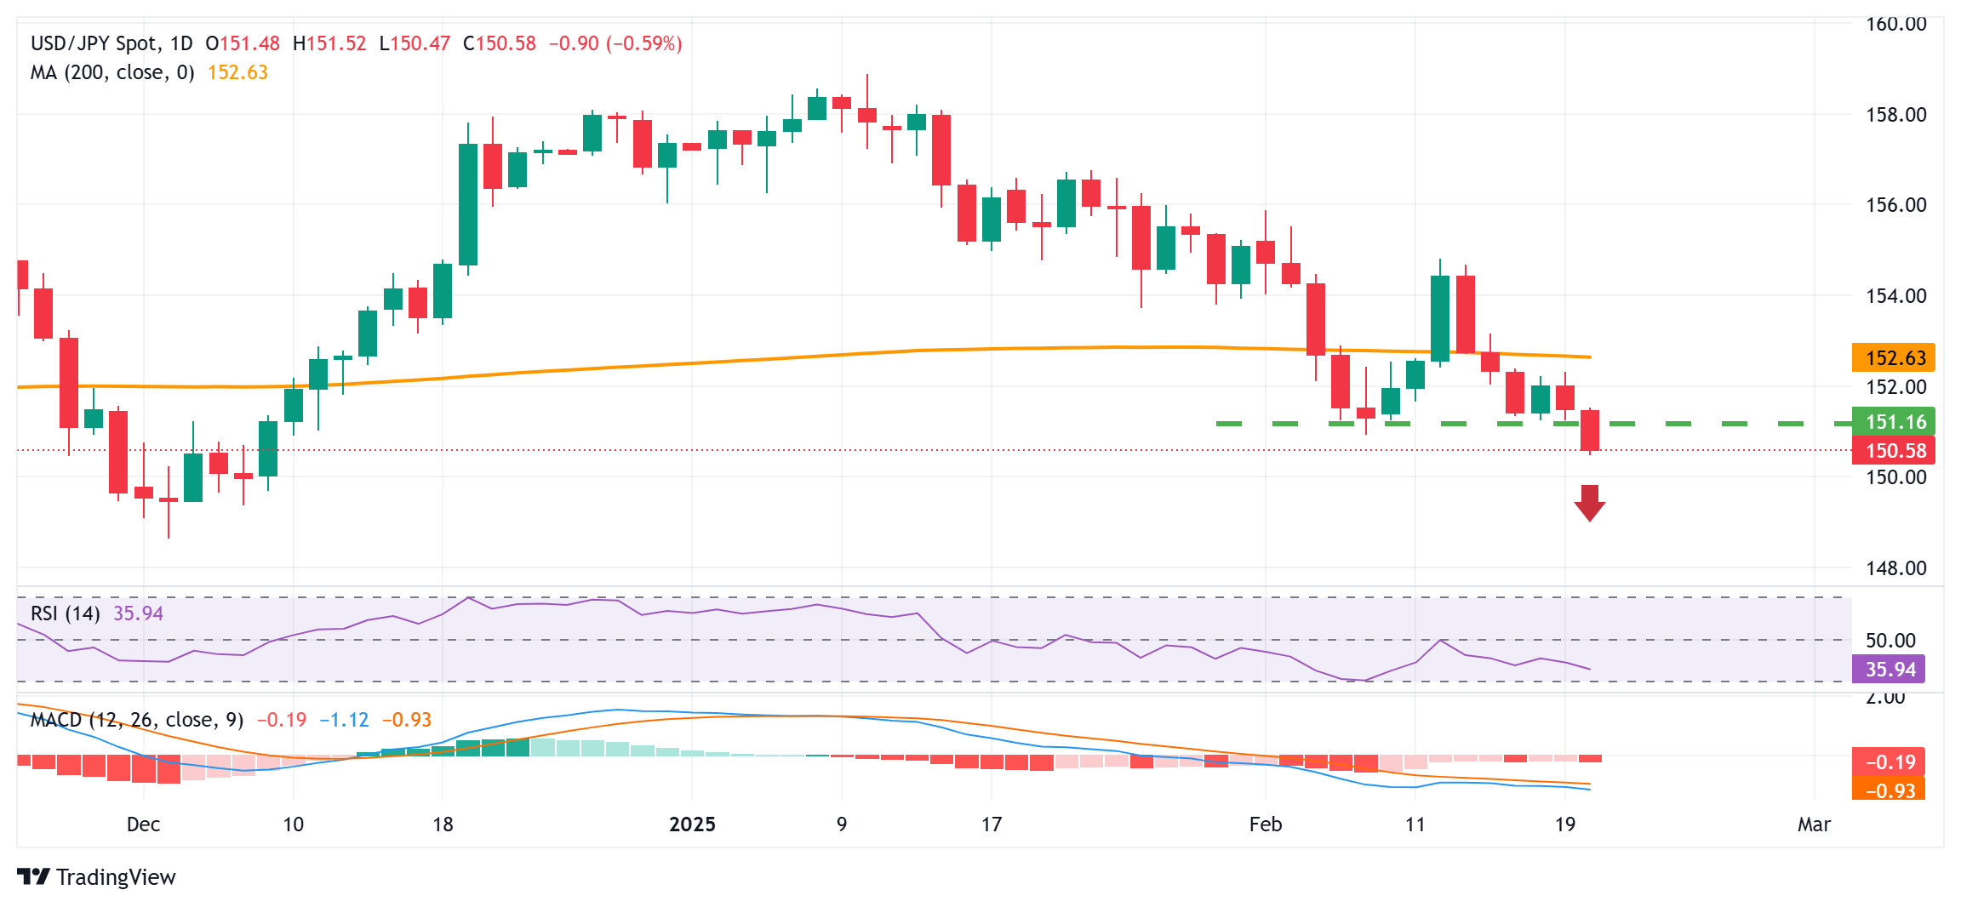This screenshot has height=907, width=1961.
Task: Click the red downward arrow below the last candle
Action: tap(1589, 503)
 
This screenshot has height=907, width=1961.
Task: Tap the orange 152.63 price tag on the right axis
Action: tap(1893, 358)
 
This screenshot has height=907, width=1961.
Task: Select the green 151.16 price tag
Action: tap(1893, 422)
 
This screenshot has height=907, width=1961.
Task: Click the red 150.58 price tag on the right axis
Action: tap(1893, 451)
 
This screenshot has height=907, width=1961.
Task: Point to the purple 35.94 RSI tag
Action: tap(1889, 670)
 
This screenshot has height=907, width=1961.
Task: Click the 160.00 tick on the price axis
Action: tap(1895, 24)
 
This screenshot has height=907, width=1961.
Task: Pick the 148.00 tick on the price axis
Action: tap(1895, 568)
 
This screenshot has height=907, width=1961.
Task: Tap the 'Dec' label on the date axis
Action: tap(143, 824)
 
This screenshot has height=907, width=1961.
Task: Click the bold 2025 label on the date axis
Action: tap(692, 824)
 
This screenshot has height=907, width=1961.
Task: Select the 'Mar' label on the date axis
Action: tap(1814, 824)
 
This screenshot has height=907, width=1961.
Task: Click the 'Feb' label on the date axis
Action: tap(1265, 824)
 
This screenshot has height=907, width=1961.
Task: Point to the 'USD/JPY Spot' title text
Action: tap(94, 43)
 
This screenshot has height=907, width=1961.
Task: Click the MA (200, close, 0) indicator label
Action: tap(112, 72)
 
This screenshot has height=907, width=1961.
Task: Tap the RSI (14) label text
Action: tap(65, 613)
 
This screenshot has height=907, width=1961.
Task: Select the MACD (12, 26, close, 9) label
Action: tap(137, 720)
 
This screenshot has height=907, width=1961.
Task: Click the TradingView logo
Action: tap(96, 877)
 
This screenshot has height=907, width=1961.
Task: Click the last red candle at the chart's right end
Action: tap(1589, 431)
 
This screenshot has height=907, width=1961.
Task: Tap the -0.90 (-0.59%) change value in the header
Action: tap(615, 43)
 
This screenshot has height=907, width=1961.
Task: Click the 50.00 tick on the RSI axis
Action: tap(1890, 641)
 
